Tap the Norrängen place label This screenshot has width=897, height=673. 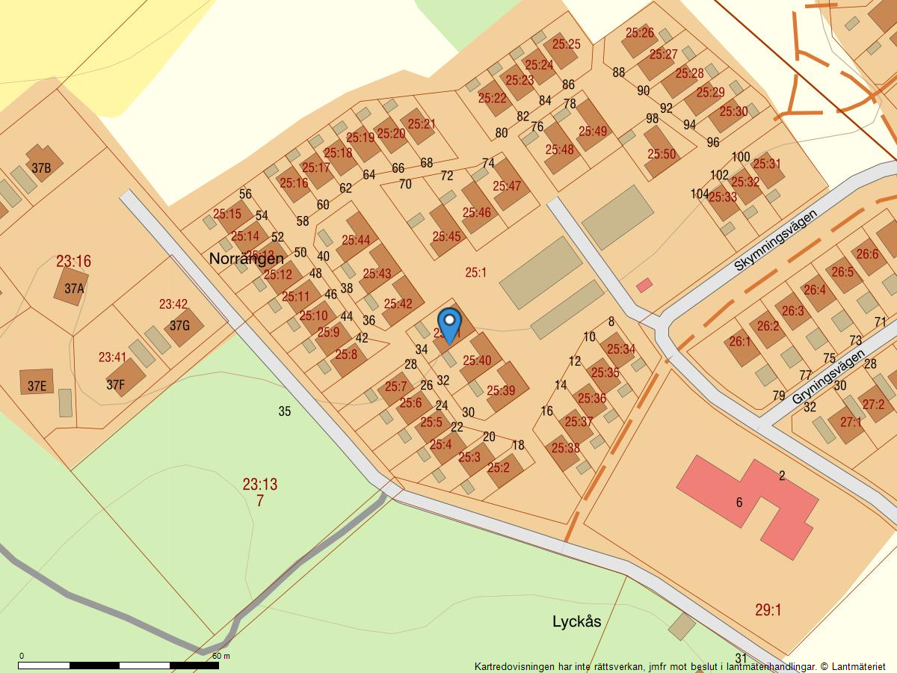246,259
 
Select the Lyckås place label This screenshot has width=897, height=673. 576,621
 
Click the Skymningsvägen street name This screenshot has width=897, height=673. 775,239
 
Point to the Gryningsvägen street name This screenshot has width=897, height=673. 828,377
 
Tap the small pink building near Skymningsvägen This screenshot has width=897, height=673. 644,285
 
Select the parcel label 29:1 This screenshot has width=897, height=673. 768,610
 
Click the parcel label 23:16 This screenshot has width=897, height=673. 73,261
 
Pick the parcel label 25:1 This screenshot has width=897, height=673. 476,273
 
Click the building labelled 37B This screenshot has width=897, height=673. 43,167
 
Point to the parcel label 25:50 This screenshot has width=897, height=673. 662,154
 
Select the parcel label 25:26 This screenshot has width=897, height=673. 639,33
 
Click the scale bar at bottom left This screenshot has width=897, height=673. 118,664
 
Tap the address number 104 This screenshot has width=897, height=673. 700,194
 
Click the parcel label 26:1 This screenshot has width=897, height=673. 739,342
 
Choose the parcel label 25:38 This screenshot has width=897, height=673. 565,448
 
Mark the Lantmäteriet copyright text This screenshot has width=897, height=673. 679,666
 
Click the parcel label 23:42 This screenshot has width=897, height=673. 173,304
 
